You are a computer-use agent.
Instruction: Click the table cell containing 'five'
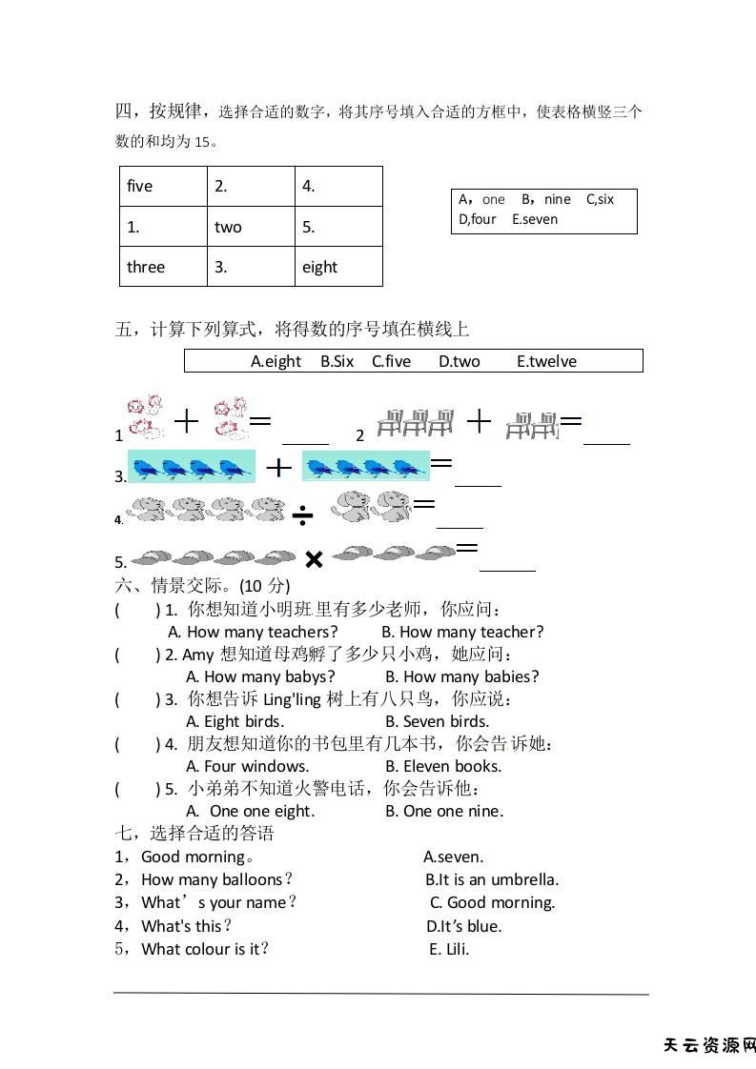pos(163,187)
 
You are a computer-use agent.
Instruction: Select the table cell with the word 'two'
pos(251,227)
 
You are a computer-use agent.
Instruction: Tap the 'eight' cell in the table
pos(337,267)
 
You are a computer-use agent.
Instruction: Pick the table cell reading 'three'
pos(163,267)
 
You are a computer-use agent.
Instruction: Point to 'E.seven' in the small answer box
pos(535,219)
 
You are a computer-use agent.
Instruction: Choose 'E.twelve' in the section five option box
pos(546,361)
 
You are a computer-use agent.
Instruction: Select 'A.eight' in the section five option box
pos(276,361)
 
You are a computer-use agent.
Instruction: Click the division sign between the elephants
pos(302,516)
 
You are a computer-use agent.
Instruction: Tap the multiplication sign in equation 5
pos(314,559)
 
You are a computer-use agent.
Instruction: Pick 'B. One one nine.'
pos(444,811)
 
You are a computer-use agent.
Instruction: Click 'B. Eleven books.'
pos(443,766)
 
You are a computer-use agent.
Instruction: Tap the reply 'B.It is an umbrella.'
pos(492,879)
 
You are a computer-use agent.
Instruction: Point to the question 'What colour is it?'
pos(205,949)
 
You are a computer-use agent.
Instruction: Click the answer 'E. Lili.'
pos(449,949)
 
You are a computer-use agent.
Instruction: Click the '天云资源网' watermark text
pos(708,1045)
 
